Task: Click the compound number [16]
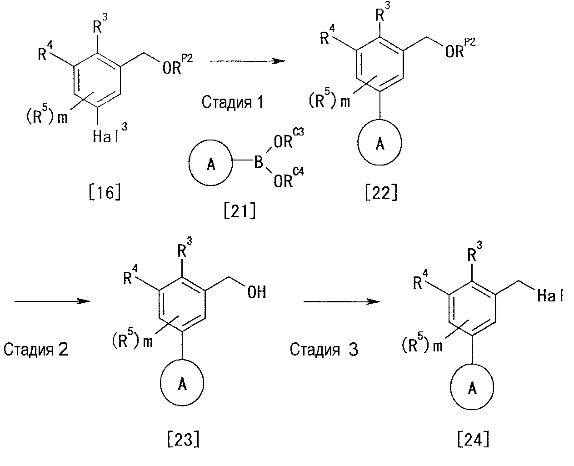tap(105, 192)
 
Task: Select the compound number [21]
tap(240, 211)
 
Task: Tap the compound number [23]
tap(183, 439)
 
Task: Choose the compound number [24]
tap(473, 439)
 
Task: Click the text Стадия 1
tap(232, 103)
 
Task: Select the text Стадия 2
tap(35, 350)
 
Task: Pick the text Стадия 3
tap(324, 350)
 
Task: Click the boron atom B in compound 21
tap(259, 162)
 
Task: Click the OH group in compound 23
tap(257, 292)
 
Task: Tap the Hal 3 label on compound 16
tap(110, 133)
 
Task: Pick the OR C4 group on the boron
tap(289, 178)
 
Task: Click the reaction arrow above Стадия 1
tap(247, 61)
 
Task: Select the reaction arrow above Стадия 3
tap(341, 301)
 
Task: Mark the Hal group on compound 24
tap(550, 296)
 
